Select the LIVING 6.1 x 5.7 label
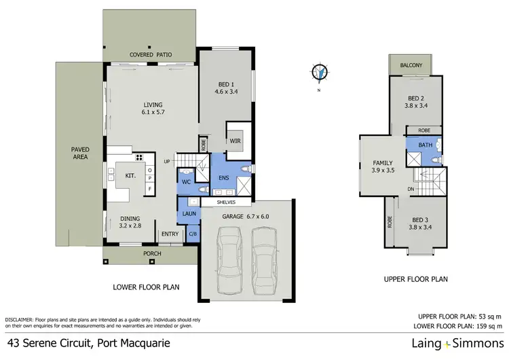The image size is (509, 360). tap(152, 109)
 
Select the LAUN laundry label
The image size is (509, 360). tap(188, 214)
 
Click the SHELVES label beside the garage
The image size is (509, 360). tap(226, 202)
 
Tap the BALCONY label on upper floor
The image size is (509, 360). tap(411, 65)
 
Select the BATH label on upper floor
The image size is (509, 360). tap(425, 145)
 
